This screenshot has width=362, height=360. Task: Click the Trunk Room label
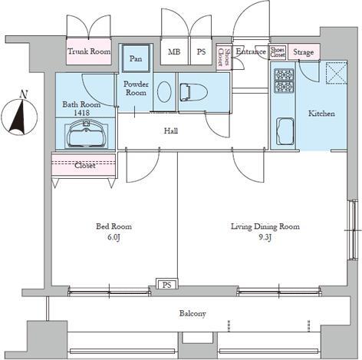pos(89,51)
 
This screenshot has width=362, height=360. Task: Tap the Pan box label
pos(136,58)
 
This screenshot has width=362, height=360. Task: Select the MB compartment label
pos(175,52)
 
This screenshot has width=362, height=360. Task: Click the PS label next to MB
pos(201,52)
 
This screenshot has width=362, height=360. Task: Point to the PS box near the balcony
pos(166,285)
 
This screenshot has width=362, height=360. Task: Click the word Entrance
pos(250,51)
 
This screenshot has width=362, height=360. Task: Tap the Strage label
pos(304,52)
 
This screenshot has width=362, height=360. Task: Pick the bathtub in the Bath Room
pos(84,137)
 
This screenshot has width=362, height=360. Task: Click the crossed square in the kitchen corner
pos(336,74)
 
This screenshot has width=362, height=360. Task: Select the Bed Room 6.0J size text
pos(114,237)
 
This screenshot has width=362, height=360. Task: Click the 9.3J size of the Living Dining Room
pos(265,237)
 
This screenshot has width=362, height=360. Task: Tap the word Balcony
pos(193,313)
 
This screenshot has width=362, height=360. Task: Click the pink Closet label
pos(84,164)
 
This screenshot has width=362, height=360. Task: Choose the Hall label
pos(170,131)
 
